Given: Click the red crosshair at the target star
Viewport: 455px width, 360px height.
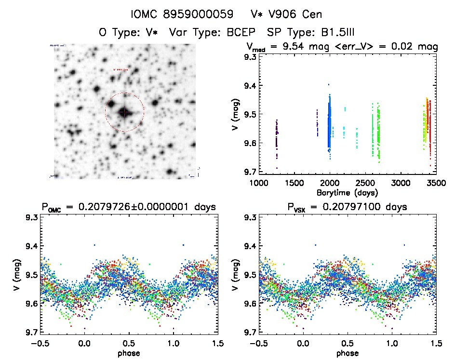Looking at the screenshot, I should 124,112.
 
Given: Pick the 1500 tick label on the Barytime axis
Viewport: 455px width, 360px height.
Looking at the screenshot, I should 294,184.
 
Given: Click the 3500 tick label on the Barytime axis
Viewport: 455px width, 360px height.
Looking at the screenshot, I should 436,184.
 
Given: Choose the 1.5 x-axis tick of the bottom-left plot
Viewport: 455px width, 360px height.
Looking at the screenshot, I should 217,344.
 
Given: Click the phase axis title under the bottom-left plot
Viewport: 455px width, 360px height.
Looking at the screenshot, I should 129,353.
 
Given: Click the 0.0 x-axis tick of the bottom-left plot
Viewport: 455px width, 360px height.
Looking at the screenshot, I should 84,344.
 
